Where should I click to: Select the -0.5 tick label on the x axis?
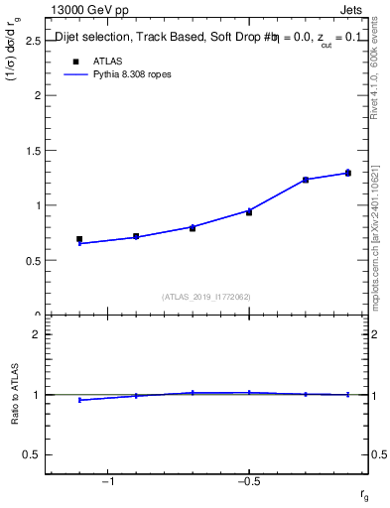click(x=248, y=482)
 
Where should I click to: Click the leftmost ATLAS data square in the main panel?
click(x=79, y=239)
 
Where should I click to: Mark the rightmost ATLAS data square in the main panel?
click(x=347, y=173)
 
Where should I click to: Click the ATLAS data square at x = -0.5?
click(x=249, y=212)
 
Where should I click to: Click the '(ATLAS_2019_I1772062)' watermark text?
click(x=207, y=296)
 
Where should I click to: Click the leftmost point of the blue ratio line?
click(x=79, y=400)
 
